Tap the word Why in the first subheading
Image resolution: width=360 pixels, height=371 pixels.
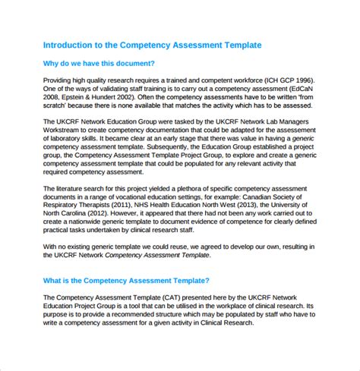click(52, 64)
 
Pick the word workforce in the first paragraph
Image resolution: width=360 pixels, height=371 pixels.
click(243, 81)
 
